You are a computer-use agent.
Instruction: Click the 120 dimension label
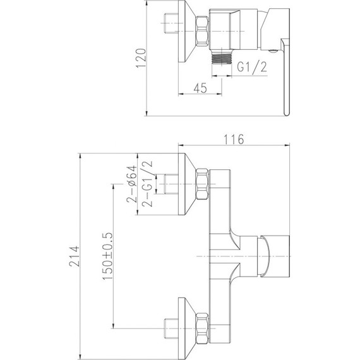point(141,58)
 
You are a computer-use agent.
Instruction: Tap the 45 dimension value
point(200,88)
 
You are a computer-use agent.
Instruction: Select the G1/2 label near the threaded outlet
point(252,68)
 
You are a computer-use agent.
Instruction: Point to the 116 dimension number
point(234,139)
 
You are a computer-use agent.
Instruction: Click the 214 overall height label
point(75,256)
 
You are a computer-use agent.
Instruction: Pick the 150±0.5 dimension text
point(107,256)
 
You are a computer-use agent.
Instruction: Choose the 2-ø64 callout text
point(132,184)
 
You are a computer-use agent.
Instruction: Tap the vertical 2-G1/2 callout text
point(147,184)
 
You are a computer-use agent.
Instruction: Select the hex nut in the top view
point(202,31)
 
